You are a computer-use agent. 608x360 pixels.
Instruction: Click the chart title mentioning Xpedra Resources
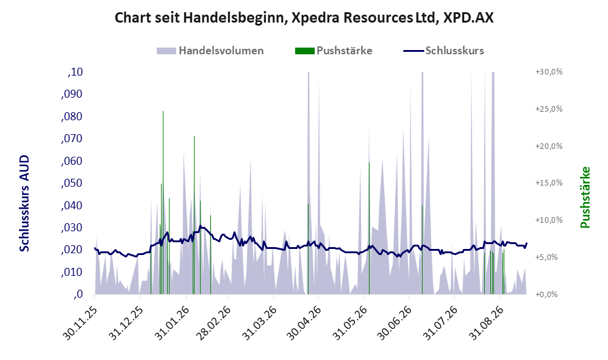[304, 18]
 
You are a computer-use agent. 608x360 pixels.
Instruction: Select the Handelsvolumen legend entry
[210, 51]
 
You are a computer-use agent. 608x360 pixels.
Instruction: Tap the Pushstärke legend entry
[334, 51]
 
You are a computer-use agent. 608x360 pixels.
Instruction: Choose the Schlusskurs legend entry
[443, 51]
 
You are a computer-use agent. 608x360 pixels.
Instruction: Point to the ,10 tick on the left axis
[75, 72]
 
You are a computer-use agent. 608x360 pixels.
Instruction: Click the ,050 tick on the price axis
[72, 183]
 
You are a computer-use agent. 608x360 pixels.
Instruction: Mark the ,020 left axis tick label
[72, 250]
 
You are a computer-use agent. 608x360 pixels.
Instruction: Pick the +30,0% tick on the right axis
[549, 72]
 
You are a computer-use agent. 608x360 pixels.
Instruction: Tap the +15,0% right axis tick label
[549, 182]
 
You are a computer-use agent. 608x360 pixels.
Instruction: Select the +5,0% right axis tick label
[550, 257]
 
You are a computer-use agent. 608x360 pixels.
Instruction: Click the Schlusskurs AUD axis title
[24, 203]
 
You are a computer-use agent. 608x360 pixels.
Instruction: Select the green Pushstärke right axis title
[585, 198]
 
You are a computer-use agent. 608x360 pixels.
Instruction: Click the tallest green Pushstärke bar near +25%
[163, 203]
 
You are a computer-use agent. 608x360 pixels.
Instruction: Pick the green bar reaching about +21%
[194, 215]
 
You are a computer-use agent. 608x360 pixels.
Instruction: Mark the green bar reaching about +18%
[369, 228]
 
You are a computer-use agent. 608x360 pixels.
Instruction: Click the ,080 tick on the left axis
[72, 117]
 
